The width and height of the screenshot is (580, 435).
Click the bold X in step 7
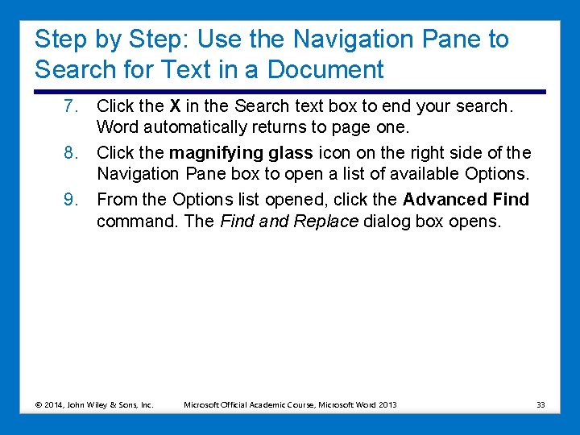(x=174, y=106)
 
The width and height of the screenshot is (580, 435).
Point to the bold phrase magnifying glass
(x=241, y=152)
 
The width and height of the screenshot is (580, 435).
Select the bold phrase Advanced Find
(x=466, y=199)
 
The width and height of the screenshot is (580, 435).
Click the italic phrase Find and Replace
(x=288, y=221)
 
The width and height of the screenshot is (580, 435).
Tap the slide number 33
(x=541, y=404)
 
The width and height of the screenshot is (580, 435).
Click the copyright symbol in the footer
(x=38, y=404)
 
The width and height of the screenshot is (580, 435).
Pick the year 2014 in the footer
(x=53, y=404)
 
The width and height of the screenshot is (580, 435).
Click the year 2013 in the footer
(x=387, y=404)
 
